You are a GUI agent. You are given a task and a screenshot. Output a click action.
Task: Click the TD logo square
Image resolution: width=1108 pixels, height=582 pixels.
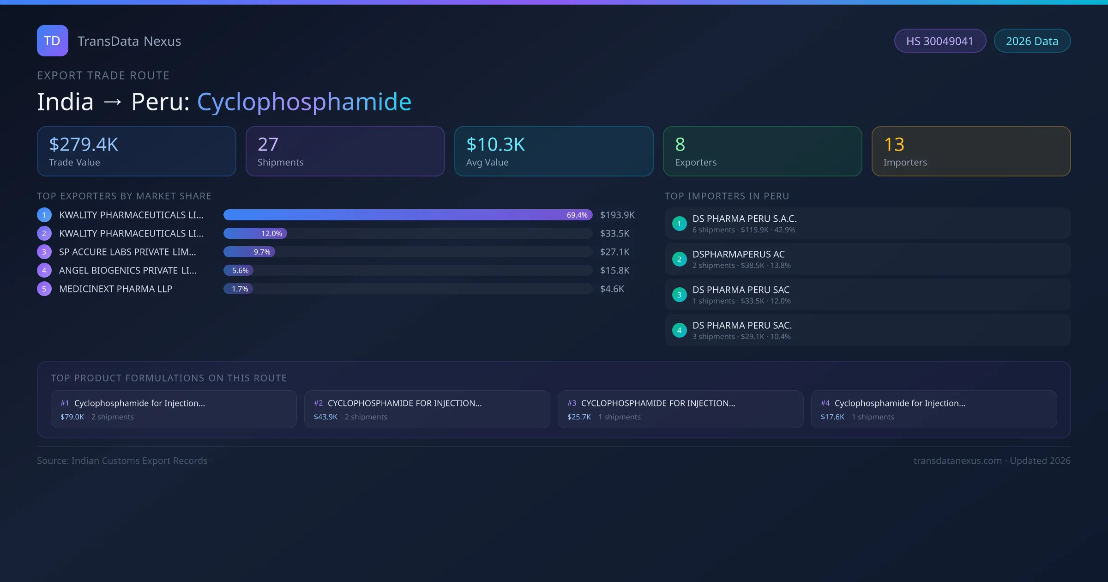[x=53, y=41]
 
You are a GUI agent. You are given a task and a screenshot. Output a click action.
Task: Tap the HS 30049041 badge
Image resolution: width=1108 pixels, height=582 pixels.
[x=940, y=41]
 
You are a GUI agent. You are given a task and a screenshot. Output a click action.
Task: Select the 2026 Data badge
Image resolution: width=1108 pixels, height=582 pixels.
[x=1032, y=41]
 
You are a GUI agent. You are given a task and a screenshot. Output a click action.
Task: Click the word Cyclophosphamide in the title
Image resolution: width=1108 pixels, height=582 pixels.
[x=304, y=102]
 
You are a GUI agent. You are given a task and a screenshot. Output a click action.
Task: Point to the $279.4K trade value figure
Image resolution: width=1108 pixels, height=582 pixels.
[x=84, y=145]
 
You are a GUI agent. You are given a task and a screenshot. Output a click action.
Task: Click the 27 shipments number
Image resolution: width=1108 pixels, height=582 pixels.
[x=268, y=145]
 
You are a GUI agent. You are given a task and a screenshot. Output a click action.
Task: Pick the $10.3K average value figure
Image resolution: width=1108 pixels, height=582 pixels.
[x=495, y=145]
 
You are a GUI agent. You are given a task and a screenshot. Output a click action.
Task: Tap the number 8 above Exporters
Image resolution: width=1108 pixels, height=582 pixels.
[x=680, y=145]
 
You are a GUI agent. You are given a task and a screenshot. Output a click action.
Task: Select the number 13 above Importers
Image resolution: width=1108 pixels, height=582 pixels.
[x=894, y=145]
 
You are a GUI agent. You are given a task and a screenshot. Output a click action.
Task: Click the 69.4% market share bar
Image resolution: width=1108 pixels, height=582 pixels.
[x=408, y=215]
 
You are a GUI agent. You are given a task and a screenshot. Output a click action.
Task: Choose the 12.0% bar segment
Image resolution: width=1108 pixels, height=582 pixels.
[x=255, y=233]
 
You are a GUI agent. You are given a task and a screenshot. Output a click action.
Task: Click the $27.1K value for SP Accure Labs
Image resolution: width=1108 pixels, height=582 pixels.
[x=614, y=252]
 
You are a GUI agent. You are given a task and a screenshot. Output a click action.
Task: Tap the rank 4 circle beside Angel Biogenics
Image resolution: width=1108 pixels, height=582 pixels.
[x=44, y=270]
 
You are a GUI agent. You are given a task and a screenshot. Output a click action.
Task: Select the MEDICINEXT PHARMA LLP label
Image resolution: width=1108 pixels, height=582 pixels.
[x=115, y=289]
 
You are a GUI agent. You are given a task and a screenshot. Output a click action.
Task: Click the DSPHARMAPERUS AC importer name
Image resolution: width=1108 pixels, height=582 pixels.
[x=738, y=254]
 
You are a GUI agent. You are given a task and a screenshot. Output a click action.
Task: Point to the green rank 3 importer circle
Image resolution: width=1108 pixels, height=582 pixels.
[x=679, y=295]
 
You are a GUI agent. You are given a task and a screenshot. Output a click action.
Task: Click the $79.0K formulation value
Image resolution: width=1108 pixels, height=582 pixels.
[x=72, y=417]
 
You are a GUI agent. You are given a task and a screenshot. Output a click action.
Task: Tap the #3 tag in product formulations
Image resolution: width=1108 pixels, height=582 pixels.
[x=572, y=403]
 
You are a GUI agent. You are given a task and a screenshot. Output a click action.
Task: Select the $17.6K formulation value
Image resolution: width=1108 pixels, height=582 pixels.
[x=832, y=417]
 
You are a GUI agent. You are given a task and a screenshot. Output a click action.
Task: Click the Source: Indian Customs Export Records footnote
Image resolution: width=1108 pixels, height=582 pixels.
[x=122, y=461]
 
